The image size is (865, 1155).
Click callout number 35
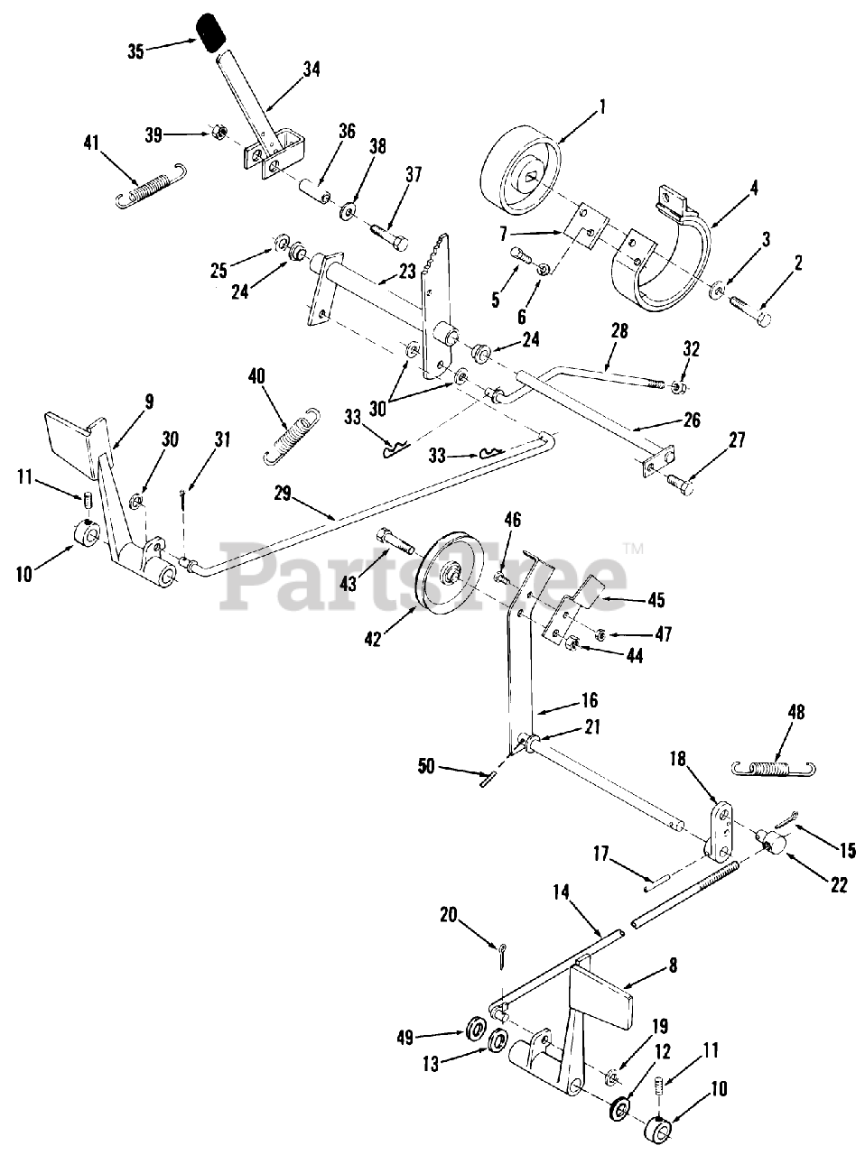(x=135, y=51)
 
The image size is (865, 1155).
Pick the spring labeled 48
(x=773, y=767)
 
